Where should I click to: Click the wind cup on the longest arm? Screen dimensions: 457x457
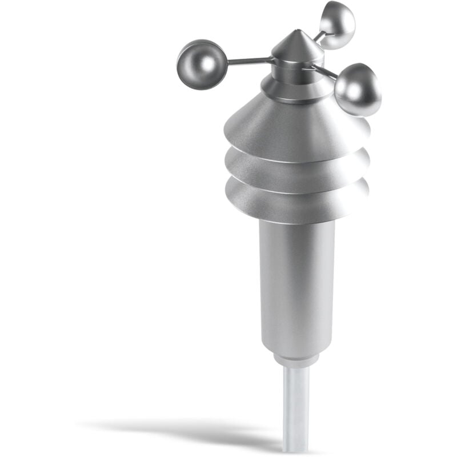click(x=198, y=63)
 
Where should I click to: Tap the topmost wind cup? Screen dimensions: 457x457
click(x=337, y=25)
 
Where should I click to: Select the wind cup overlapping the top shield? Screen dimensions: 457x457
click(x=358, y=90)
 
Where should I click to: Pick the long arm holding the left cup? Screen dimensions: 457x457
click(x=248, y=60)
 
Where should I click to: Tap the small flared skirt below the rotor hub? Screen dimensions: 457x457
click(x=294, y=90)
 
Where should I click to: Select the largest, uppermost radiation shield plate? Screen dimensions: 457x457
click(x=291, y=129)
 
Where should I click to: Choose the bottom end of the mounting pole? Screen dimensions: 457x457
click(x=295, y=448)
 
